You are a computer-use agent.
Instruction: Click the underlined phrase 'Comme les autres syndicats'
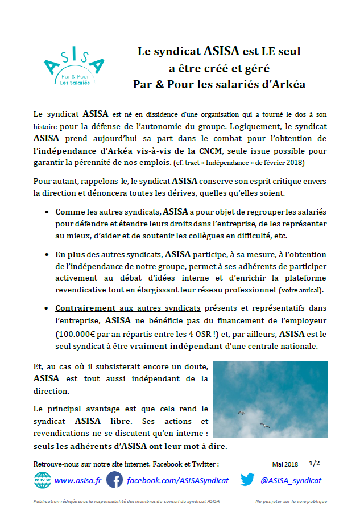[108, 212]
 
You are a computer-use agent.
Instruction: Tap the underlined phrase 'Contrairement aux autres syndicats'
[128, 308]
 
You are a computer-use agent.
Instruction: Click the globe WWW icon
[42, 480]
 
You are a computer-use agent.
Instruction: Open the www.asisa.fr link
[77, 481]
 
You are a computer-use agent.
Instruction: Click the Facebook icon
[115, 480]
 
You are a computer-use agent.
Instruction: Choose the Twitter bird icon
[247, 480]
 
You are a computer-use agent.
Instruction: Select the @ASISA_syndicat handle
[291, 481]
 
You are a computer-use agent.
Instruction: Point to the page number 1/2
[315, 464]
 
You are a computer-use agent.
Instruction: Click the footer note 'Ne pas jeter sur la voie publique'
[291, 501]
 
